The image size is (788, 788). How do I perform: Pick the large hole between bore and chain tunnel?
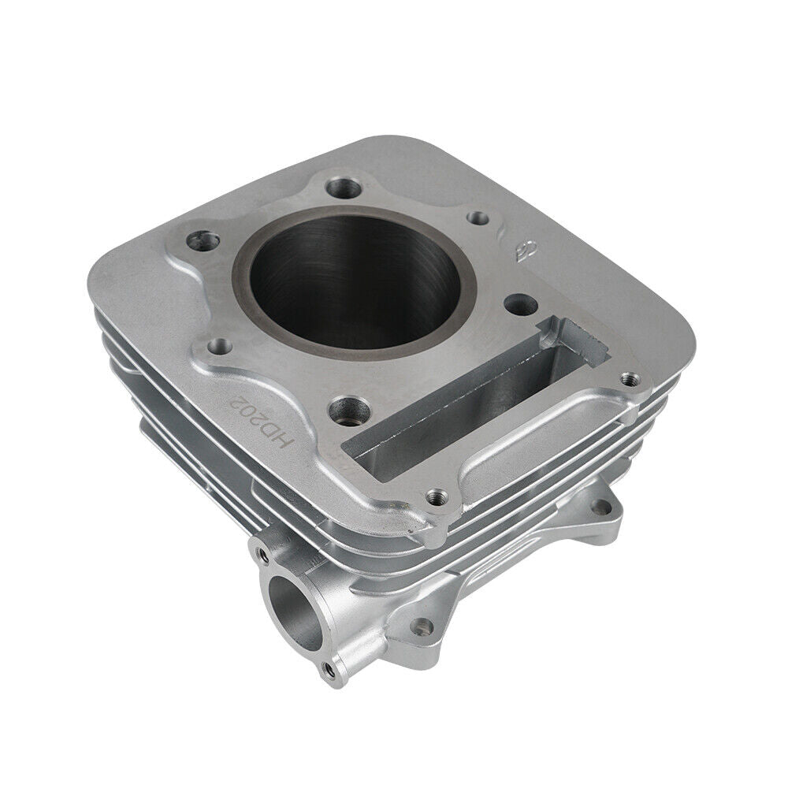516,303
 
